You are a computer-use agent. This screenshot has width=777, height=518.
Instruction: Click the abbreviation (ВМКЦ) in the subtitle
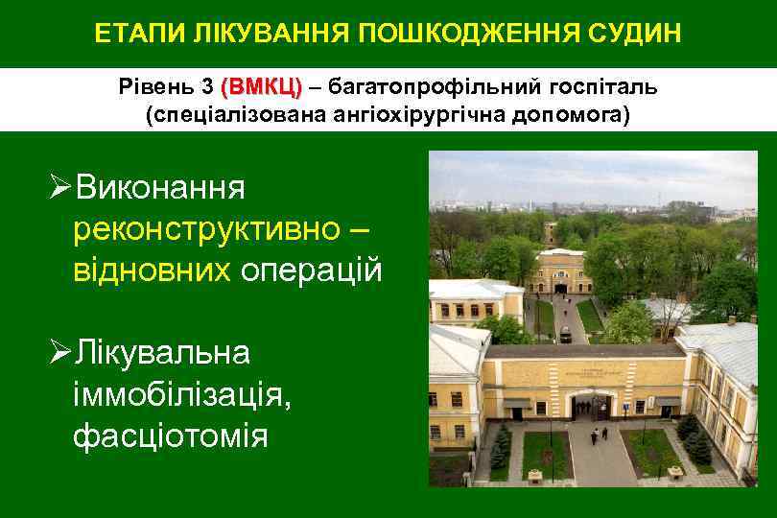(261, 87)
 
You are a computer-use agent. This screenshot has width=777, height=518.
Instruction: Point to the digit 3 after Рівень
(207, 87)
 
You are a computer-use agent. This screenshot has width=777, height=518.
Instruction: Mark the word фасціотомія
(170, 436)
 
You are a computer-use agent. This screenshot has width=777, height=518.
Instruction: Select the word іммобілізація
(180, 394)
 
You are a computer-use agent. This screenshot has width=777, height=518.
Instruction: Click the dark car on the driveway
(566, 336)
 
